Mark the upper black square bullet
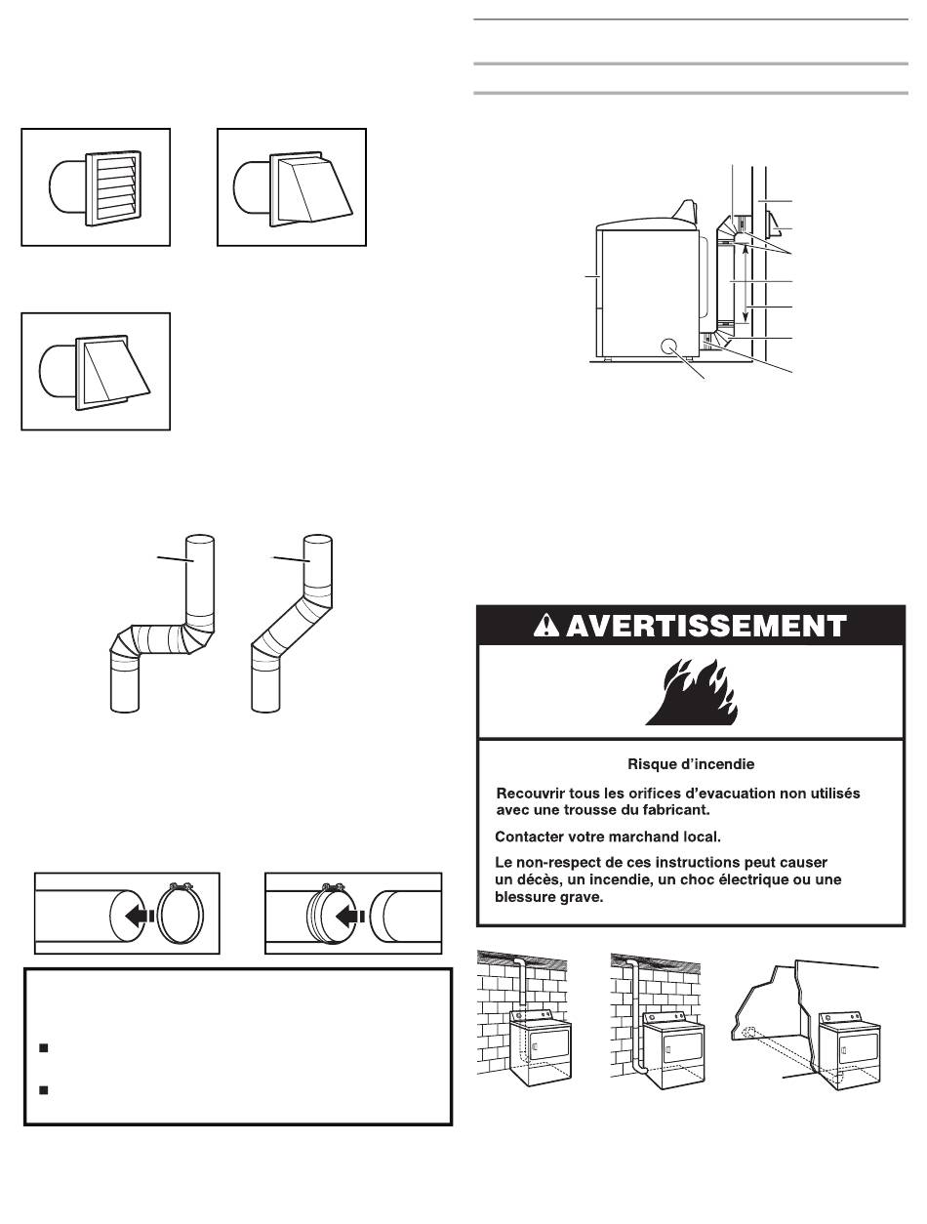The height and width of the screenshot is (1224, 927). pyautogui.click(x=43, y=1048)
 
